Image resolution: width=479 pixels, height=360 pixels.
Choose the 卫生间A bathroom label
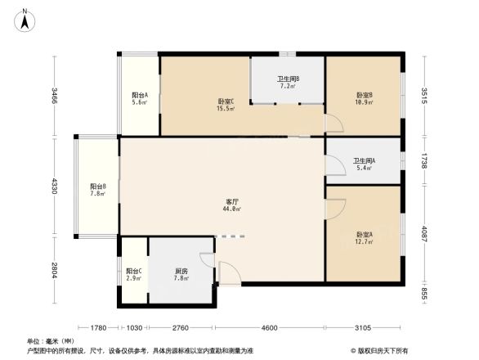[363, 161]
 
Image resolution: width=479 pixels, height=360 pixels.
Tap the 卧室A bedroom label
[365, 235]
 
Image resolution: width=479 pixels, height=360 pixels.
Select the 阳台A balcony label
[139, 96]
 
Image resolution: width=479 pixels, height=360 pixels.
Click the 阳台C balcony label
[133, 271]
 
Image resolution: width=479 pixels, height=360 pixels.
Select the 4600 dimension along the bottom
[271, 327]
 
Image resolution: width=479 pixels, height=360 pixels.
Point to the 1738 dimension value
[425, 161]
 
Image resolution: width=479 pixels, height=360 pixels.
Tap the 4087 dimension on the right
[425, 234]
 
